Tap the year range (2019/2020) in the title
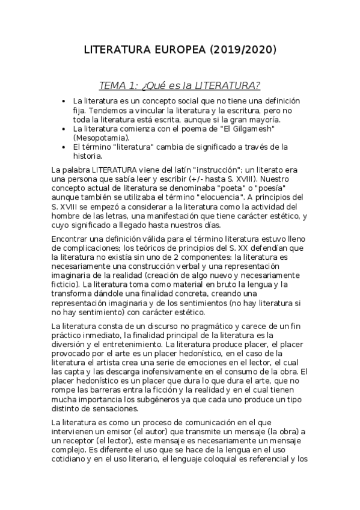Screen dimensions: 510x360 click(x=243, y=51)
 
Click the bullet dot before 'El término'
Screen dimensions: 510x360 click(x=64, y=146)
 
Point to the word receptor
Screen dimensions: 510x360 click(x=81, y=441)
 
